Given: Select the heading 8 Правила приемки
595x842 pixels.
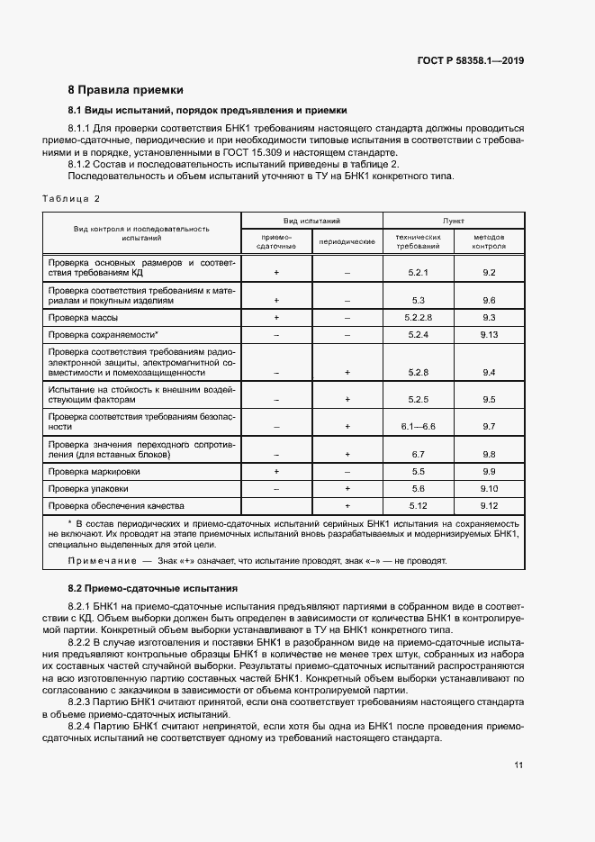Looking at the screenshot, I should coord(126,90).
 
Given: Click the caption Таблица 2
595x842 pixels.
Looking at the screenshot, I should coord(71,198).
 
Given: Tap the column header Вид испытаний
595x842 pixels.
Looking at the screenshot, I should coord(311,220).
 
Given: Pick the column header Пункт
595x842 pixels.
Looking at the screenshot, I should coord(454,220).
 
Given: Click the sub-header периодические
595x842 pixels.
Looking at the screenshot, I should coord(347,242).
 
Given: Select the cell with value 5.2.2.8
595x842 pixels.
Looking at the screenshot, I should coord(418,317).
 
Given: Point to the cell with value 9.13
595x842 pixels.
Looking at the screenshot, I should coord(489,334).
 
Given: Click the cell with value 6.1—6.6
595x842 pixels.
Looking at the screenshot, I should coord(418,426).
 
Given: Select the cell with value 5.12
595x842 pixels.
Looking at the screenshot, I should coord(418,505).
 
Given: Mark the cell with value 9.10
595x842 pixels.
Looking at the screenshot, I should coord(489,488).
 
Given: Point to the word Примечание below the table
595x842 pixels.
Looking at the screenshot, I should coord(97,561).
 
